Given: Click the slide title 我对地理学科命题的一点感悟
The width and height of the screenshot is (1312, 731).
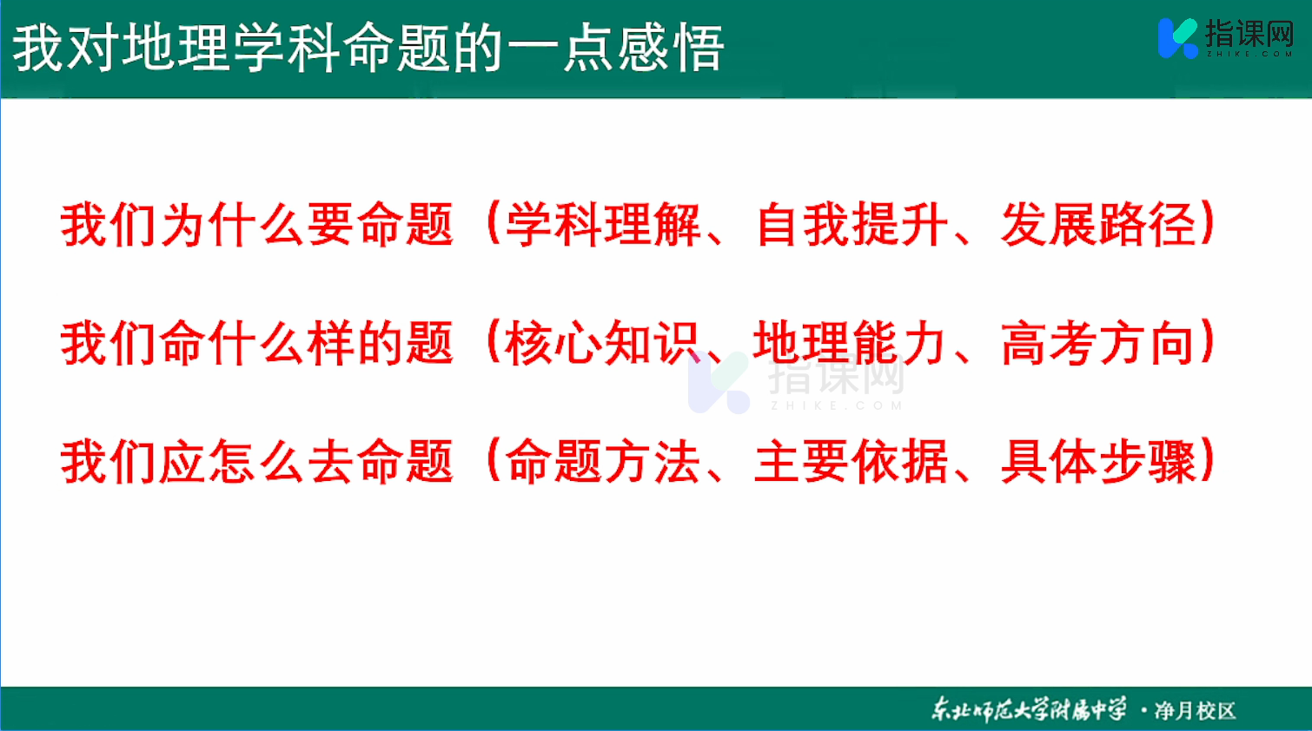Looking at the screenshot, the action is point(369,48).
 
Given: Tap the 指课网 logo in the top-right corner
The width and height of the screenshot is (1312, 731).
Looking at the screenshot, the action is point(1226,38).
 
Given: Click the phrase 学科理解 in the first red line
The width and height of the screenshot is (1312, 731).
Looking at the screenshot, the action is point(603,225).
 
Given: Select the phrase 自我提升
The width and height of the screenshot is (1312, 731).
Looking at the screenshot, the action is point(852,225).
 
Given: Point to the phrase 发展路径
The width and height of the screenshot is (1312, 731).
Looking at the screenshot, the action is point(1098,225).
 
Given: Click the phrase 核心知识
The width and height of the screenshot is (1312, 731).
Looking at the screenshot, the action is point(603,343).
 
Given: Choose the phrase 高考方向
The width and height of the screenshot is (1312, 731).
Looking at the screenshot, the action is point(1098,343).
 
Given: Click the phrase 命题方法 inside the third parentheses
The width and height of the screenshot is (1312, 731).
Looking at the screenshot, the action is point(603,462).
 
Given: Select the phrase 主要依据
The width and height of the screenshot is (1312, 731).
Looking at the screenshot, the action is point(851,462).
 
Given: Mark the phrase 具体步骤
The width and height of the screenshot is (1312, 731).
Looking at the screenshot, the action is point(1098,462).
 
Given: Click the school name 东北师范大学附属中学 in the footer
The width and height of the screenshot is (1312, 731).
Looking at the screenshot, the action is point(1029,709).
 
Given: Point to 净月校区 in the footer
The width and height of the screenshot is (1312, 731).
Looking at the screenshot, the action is point(1195,710).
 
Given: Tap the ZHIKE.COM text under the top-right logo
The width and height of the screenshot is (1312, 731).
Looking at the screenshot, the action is point(1249,54).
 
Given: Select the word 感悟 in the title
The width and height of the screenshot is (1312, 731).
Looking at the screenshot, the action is point(672,48).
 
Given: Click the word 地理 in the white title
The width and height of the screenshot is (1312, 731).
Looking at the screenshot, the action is point(176,48).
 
